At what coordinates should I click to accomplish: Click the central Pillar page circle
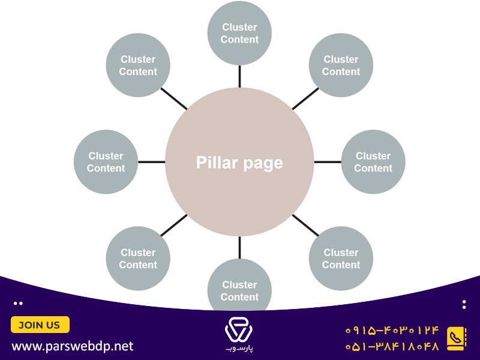239,162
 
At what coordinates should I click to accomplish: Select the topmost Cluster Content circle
239,33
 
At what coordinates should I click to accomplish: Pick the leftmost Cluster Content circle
106,162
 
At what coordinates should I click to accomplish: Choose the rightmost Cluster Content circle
373,162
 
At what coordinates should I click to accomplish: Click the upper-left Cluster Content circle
138,65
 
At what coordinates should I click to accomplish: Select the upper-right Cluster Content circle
341,65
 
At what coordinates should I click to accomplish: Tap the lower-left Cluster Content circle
138,259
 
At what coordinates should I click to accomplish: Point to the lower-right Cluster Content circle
341,259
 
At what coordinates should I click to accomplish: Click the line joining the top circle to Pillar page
239,77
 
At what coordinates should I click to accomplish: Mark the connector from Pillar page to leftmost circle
152,162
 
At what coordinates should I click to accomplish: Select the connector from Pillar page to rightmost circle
328,162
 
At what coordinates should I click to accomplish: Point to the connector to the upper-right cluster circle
305,98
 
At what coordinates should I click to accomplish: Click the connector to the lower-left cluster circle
174,226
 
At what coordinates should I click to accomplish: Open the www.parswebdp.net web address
73,347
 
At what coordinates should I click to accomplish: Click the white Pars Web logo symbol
239,329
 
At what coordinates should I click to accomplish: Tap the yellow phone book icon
457,338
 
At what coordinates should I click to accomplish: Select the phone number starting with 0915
392,331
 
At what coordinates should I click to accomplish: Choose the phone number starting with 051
392,346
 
